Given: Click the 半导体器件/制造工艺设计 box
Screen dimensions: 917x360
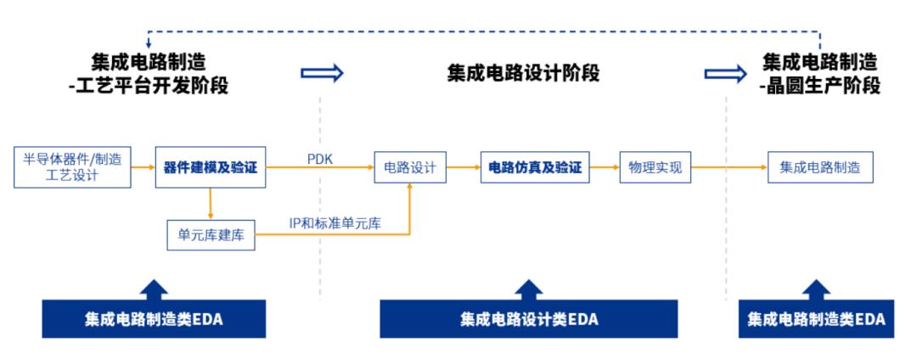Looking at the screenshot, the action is tap(72, 167).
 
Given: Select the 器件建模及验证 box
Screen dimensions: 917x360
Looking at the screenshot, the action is tap(211, 167).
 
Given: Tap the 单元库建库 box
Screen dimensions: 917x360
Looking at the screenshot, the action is tap(211, 235).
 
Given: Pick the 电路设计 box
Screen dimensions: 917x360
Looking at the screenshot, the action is tap(410, 168).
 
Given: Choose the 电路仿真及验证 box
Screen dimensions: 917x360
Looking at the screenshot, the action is tap(535, 168).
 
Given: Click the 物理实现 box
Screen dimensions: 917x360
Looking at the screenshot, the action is tap(655, 168).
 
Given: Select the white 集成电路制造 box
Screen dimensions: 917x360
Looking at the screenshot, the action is tap(820, 168).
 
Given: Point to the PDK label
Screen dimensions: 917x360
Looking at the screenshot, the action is tap(319, 159).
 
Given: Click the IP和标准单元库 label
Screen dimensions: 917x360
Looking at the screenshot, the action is tap(335, 223).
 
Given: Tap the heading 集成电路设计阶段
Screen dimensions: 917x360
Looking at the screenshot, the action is tap(523, 74).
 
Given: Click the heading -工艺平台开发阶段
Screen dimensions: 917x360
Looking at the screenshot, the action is tap(148, 87).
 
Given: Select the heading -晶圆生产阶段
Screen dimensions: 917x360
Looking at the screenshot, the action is tap(820, 87).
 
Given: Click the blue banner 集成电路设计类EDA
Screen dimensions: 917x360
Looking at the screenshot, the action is tap(529, 319).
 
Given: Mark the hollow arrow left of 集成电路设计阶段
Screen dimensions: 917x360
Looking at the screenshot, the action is tap(322, 73).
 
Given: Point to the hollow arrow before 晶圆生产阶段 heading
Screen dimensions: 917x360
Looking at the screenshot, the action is tap(726, 73).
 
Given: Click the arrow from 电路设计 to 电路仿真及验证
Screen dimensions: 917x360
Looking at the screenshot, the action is tap(464, 168).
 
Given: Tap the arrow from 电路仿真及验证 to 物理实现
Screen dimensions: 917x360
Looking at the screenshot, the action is tap(605, 168).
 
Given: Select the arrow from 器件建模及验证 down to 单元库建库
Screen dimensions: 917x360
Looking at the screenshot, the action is tap(211, 204).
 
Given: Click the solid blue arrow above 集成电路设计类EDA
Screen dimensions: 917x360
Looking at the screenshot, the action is tap(529, 290).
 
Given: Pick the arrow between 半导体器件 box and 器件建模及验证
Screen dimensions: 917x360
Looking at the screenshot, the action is tap(143, 167).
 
